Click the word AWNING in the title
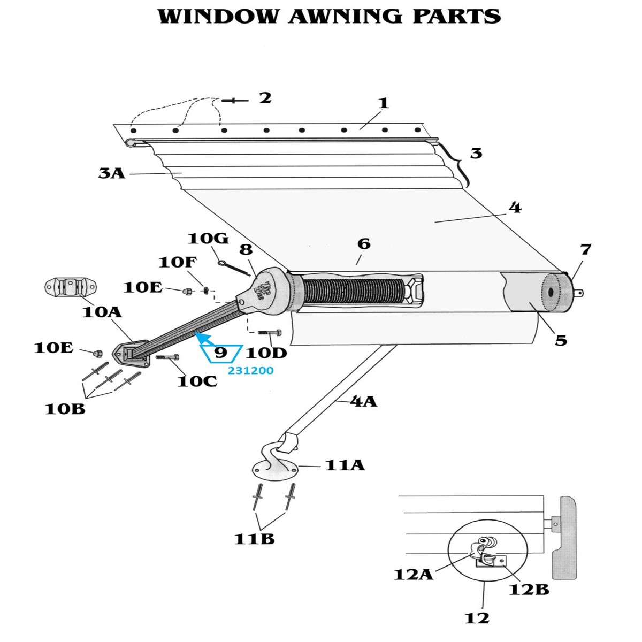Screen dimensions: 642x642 (345, 17)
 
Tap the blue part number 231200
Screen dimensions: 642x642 (250, 370)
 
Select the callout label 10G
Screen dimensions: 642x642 (208, 239)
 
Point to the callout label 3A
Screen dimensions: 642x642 (112, 173)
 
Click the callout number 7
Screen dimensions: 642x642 (585, 249)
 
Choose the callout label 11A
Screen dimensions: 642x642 (345, 465)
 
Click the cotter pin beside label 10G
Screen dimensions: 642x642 (234, 268)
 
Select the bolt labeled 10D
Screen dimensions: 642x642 (270, 332)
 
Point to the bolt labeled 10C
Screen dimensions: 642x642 (167, 357)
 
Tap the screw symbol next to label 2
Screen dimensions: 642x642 (235, 100)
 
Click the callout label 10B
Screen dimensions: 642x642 (65, 409)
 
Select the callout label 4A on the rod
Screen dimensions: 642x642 (364, 402)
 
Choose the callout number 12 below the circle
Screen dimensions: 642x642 (477, 618)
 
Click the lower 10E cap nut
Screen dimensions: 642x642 (97, 353)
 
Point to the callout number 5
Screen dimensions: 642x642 (561, 340)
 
